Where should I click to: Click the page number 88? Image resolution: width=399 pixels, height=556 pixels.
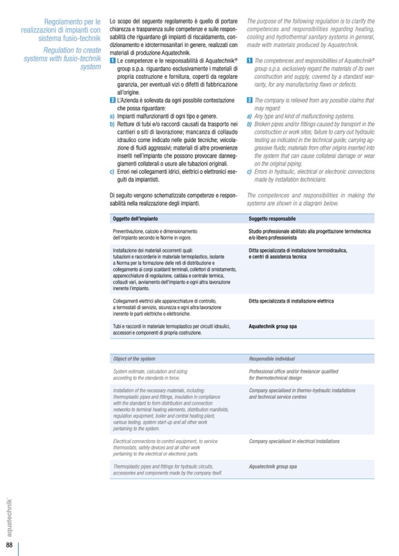(x=9, y=546)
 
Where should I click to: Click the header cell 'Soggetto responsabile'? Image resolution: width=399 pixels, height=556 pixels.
(x=272, y=219)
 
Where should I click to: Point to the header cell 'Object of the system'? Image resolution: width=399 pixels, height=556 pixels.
(x=135, y=359)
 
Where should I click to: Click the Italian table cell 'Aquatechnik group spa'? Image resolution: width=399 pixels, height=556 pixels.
(x=273, y=326)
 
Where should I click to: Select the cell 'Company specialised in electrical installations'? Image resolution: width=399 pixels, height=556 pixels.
(x=294, y=441)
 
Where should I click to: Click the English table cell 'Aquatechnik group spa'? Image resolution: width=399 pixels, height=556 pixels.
(x=273, y=466)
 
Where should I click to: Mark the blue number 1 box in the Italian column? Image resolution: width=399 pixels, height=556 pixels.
(x=113, y=60)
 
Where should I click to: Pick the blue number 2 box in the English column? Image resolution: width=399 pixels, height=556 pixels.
(x=249, y=100)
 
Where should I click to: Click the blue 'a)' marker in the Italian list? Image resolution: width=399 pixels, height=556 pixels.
(x=112, y=116)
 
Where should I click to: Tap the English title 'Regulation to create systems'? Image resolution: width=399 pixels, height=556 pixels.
(x=63, y=59)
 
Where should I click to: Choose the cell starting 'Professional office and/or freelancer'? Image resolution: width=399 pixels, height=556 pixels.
(x=293, y=374)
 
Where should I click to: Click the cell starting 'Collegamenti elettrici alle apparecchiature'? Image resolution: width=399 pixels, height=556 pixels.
(x=168, y=307)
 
